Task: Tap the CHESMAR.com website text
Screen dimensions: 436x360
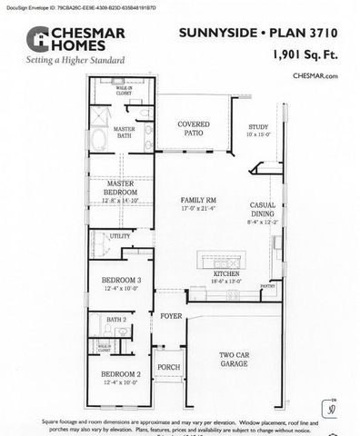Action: tap(315, 76)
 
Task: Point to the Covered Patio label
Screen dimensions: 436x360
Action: tap(194, 128)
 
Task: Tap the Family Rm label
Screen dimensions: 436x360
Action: tap(198, 203)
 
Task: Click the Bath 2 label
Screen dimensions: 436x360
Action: tap(116, 320)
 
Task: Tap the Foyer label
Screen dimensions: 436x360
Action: tap(171, 318)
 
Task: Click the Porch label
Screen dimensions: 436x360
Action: tap(168, 368)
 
